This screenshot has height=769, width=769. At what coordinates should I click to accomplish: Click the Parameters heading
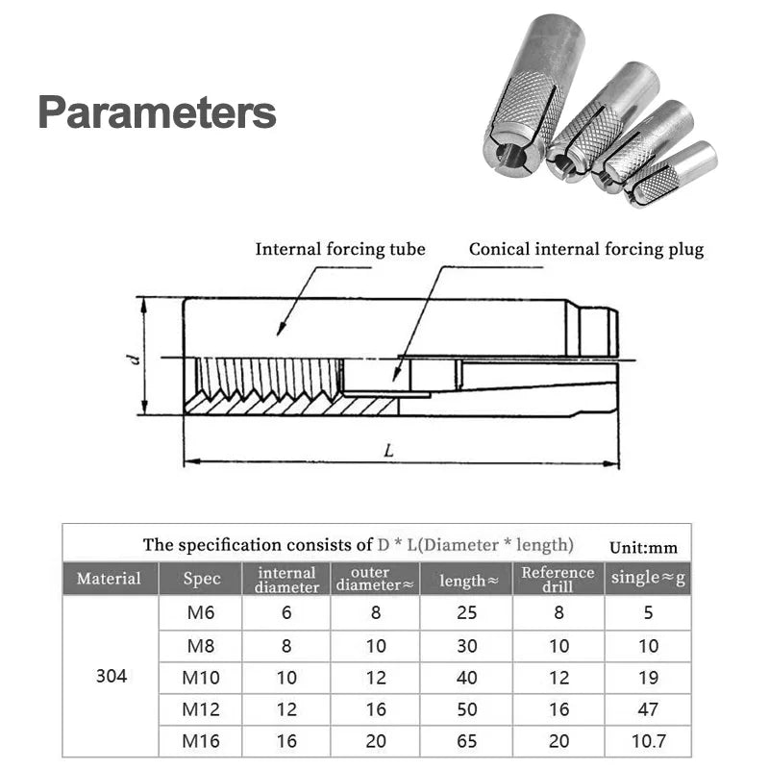pyautogui.click(x=157, y=112)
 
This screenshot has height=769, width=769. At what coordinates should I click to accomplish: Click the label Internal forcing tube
pyautogui.click(x=339, y=249)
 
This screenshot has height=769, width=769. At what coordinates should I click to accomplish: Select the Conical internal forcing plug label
pyautogui.click(x=586, y=249)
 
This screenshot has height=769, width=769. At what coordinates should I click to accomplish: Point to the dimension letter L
pyautogui.click(x=387, y=450)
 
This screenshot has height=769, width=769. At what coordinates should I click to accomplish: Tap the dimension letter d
pyautogui.click(x=136, y=359)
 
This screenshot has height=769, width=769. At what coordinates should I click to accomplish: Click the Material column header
pyautogui.click(x=109, y=579)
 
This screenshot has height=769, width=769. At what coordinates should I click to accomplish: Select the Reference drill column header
pyautogui.click(x=558, y=579)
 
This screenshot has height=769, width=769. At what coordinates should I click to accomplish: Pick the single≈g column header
pyautogui.click(x=649, y=579)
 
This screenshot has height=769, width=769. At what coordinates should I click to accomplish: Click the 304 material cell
pyautogui.click(x=112, y=676)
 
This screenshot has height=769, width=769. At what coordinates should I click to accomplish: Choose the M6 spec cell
pyautogui.click(x=201, y=611)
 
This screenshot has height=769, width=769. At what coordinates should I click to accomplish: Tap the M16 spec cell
pyautogui.click(x=201, y=741)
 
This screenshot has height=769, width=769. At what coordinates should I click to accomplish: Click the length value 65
pyautogui.click(x=467, y=741)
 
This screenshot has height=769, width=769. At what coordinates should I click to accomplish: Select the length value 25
pyautogui.click(x=467, y=611)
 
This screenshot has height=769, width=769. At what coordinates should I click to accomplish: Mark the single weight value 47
pyautogui.click(x=649, y=709)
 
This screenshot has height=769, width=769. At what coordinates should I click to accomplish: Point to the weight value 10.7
pyautogui.click(x=649, y=741)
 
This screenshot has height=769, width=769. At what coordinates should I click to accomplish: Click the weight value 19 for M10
pyautogui.click(x=649, y=677)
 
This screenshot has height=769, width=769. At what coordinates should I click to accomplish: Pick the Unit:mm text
pyautogui.click(x=643, y=548)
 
